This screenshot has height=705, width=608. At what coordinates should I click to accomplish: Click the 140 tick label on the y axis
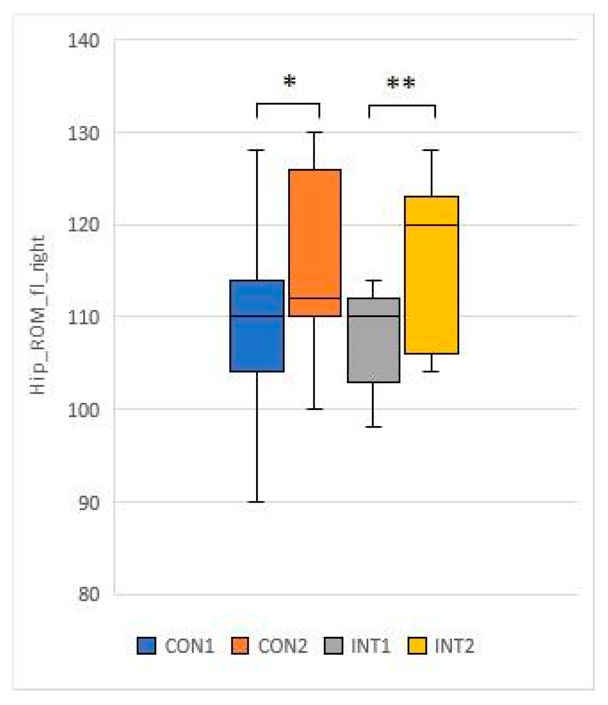tap(83, 41)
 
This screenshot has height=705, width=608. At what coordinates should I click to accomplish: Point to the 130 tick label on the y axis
tap(83, 133)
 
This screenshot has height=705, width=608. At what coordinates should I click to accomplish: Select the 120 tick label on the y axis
tap(83, 225)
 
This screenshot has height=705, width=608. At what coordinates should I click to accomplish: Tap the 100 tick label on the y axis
tap(83, 410)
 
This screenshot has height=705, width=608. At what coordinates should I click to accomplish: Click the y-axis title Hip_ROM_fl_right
tap(38, 315)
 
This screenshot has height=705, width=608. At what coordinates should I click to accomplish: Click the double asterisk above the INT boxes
tap(401, 84)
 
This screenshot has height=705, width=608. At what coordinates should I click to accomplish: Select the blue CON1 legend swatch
tap(146, 646)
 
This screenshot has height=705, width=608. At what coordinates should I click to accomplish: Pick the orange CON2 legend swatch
tap(240, 646)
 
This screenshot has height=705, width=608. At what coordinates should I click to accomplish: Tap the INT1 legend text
tap(370, 646)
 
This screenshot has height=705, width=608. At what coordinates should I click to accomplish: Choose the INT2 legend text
tap(454, 646)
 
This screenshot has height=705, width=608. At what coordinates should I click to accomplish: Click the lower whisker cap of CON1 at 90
tap(257, 502)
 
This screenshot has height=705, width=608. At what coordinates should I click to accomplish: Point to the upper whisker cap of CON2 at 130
tap(315, 132)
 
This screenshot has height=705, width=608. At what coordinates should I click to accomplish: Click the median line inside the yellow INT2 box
tap(431, 225)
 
